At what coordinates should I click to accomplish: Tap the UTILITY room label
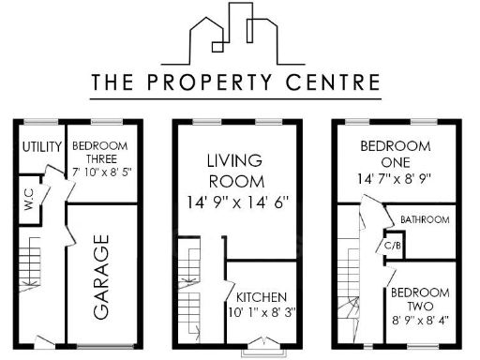pyautogui.click(x=41, y=146)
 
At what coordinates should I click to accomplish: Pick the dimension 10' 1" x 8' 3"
pyautogui.click(x=262, y=313)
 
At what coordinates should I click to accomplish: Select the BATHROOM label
pyautogui.click(x=425, y=219)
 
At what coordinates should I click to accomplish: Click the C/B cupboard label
pyautogui.click(x=392, y=246)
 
